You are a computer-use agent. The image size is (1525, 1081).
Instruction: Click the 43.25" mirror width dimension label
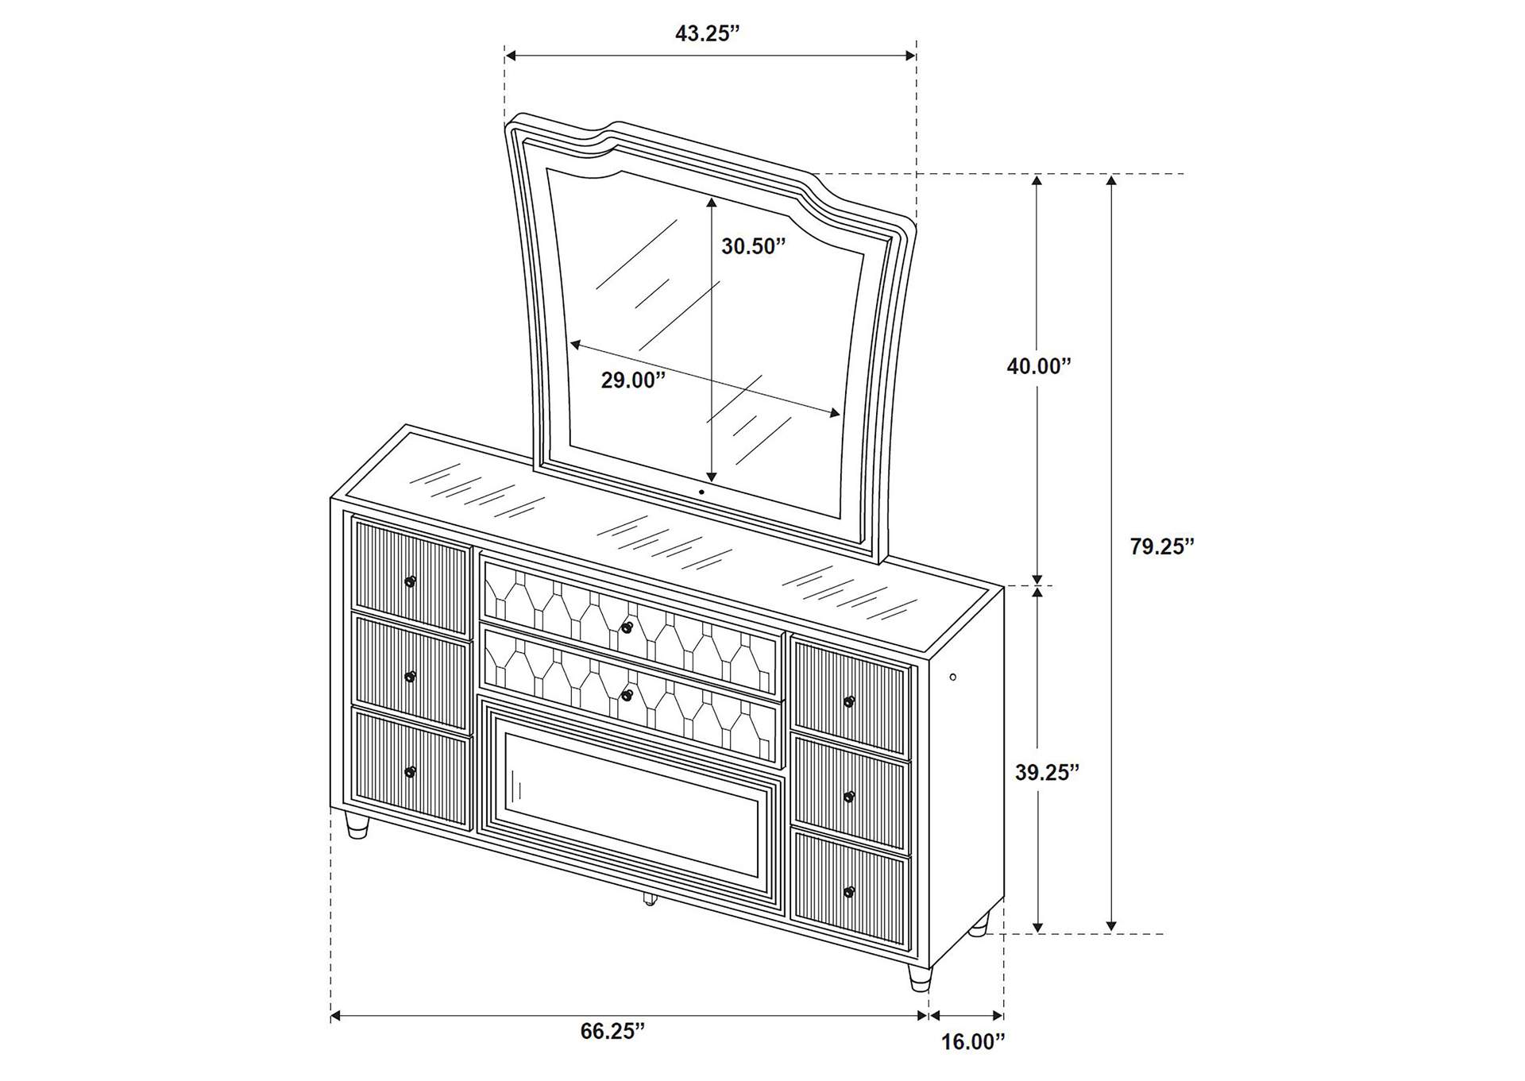[707, 33]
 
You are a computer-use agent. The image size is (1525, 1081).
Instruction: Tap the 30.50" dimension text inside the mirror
[753, 246]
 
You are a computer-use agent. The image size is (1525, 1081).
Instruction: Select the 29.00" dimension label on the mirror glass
[632, 380]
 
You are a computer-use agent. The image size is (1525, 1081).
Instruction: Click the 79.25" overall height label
[1162, 546]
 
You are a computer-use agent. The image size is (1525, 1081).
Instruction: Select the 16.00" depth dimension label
[973, 1064]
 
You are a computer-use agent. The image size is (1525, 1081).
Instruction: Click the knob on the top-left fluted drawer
[410, 582]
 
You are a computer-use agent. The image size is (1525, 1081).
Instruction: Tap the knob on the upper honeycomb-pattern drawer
[627, 628]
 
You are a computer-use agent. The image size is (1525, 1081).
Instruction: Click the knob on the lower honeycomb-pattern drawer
[627, 696]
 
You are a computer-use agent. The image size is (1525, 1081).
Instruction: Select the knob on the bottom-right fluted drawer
[849, 892]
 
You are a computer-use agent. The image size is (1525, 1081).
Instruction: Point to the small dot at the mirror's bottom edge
[702, 492]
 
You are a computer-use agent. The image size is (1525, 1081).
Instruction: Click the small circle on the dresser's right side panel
[953, 678]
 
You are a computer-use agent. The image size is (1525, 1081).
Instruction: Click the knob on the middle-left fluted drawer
[410, 677]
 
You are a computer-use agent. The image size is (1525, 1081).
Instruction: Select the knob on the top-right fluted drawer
[849, 702]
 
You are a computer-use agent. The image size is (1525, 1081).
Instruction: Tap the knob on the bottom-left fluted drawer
[410, 771]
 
